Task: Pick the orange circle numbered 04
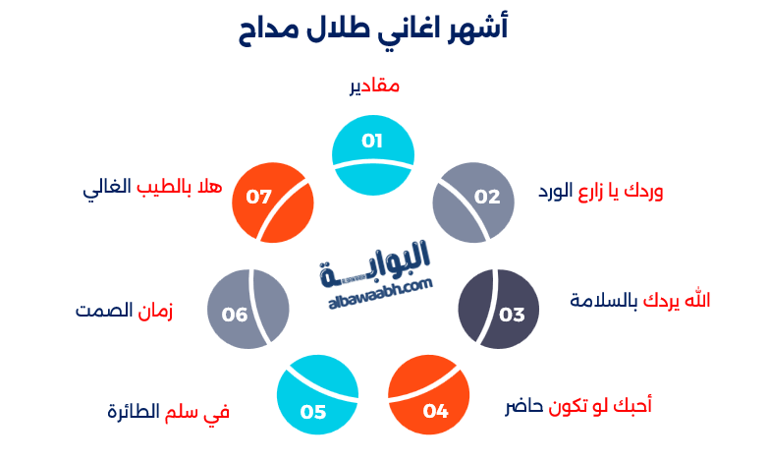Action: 429,403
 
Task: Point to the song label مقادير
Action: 374,87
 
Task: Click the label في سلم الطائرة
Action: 168,411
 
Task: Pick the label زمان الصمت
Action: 125,311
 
